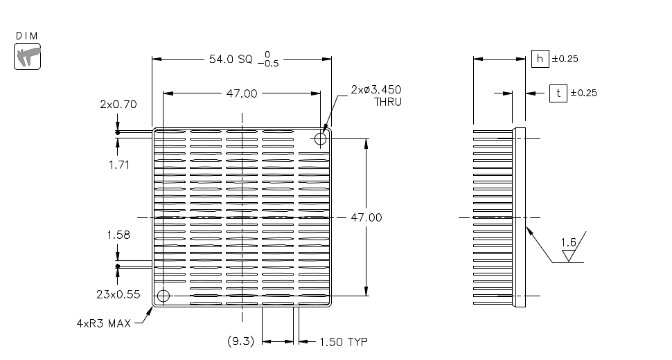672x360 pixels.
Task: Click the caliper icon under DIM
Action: coord(28,56)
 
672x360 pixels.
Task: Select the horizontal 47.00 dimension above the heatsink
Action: coord(241,93)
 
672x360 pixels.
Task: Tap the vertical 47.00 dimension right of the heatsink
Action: coord(366,217)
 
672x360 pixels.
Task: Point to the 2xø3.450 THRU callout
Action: coord(376,96)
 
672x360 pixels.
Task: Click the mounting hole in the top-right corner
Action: coord(320,139)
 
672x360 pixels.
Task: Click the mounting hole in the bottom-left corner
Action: coord(163,296)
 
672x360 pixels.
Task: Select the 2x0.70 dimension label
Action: coord(118,105)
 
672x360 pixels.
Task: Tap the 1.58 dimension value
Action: coord(118,235)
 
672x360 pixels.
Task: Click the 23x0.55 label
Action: coord(118,294)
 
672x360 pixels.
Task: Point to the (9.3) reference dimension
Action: coord(242,341)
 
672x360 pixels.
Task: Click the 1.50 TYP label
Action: coord(343,341)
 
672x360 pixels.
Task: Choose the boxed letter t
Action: coord(558,93)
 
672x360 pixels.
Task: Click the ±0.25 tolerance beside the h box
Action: coord(565,59)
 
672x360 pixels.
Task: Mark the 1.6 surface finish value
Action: coord(568,242)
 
